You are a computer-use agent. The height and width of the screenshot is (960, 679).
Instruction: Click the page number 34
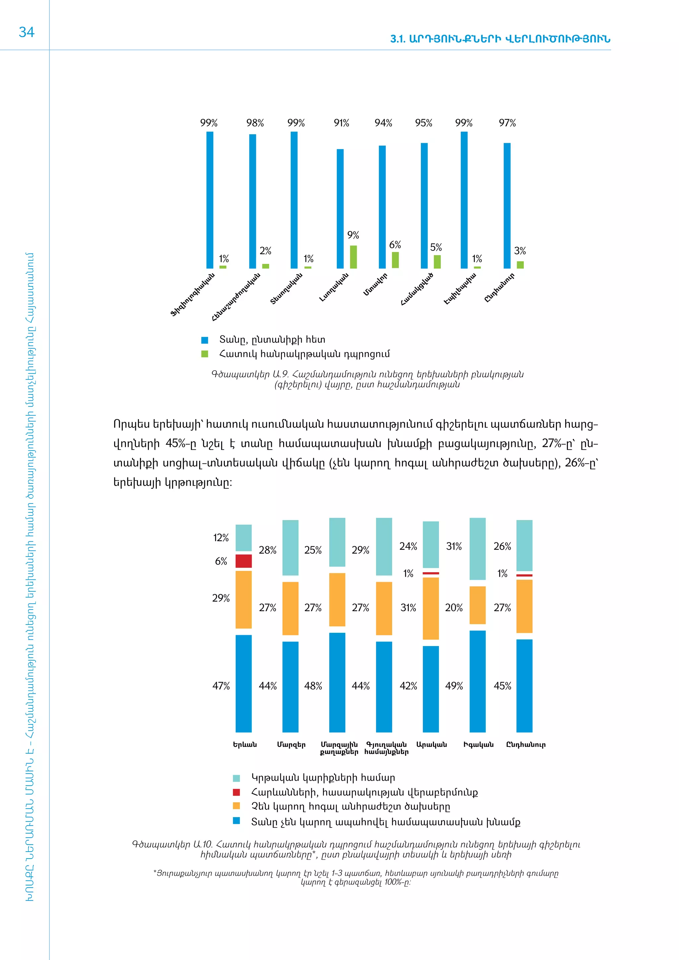26,32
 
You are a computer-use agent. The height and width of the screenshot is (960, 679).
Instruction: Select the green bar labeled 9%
353,257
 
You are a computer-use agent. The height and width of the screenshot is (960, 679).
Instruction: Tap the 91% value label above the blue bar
341,123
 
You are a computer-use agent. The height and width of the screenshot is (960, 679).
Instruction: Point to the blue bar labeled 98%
253,201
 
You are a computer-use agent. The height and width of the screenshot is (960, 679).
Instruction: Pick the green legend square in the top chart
205,354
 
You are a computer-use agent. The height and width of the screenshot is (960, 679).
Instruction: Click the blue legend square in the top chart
205,340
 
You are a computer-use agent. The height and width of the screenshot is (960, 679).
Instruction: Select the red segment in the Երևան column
243,561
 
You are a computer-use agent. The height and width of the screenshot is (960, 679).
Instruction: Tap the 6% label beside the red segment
221,561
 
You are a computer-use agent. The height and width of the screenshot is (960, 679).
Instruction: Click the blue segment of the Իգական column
477,681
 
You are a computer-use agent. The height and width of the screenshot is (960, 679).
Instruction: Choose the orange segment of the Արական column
431,608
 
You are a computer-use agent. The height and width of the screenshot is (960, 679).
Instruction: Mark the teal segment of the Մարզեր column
290,547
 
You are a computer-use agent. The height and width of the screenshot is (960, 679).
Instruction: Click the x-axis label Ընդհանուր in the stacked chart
525,745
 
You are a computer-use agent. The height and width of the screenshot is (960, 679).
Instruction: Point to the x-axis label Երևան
245,745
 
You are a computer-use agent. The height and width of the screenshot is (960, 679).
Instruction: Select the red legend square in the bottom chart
236,792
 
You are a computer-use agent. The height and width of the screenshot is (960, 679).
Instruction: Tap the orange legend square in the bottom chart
236,806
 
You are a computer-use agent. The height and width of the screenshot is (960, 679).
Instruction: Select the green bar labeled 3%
520,265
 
